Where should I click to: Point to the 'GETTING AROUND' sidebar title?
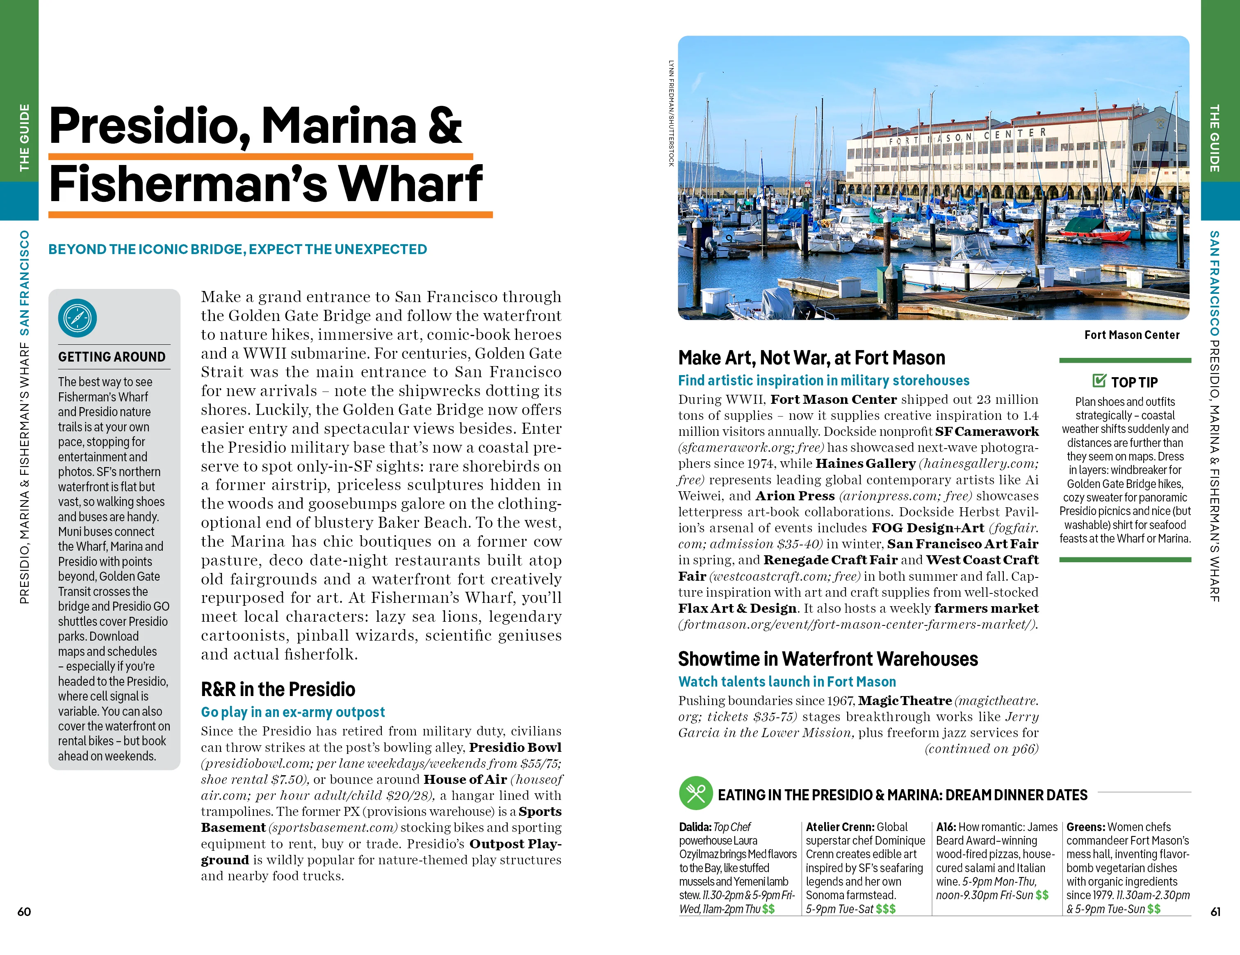112,357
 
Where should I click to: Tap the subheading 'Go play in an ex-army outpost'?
292,712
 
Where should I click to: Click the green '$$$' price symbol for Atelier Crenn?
885,909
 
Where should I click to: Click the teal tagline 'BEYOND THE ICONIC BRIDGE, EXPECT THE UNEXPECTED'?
237,250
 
